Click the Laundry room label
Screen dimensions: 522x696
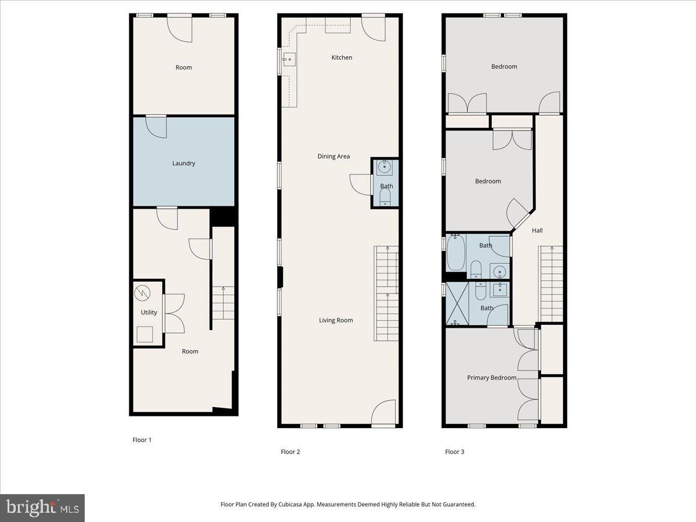pyautogui.click(x=183, y=164)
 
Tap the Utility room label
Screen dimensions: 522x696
pyautogui.click(x=149, y=313)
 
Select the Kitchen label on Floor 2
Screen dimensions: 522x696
pyautogui.click(x=342, y=57)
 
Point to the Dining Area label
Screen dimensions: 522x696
pyautogui.click(x=333, y=157)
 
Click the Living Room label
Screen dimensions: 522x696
pyautogui.click(x=336, y=320)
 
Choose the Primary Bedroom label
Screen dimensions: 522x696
pyautogui.click(x=491, y=378)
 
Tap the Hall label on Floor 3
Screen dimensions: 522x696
pyautogui.click(x=537, y=231)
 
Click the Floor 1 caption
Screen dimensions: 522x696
pyautogui.click(x=142, y=440)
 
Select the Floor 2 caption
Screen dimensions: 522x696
pyautogui.click(x=290, y=452)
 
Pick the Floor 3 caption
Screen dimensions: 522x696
pyautogui.click(x=455, y=452)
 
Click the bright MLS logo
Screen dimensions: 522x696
pyautogui.click(x=42, y=508)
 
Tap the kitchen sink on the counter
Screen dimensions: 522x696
pyautogui.click(x=289, y=59)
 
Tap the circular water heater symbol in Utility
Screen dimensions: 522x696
pyautogui.click(x=142, y=292)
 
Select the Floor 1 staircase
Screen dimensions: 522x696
pyautogui.click(x=223, y=303)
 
